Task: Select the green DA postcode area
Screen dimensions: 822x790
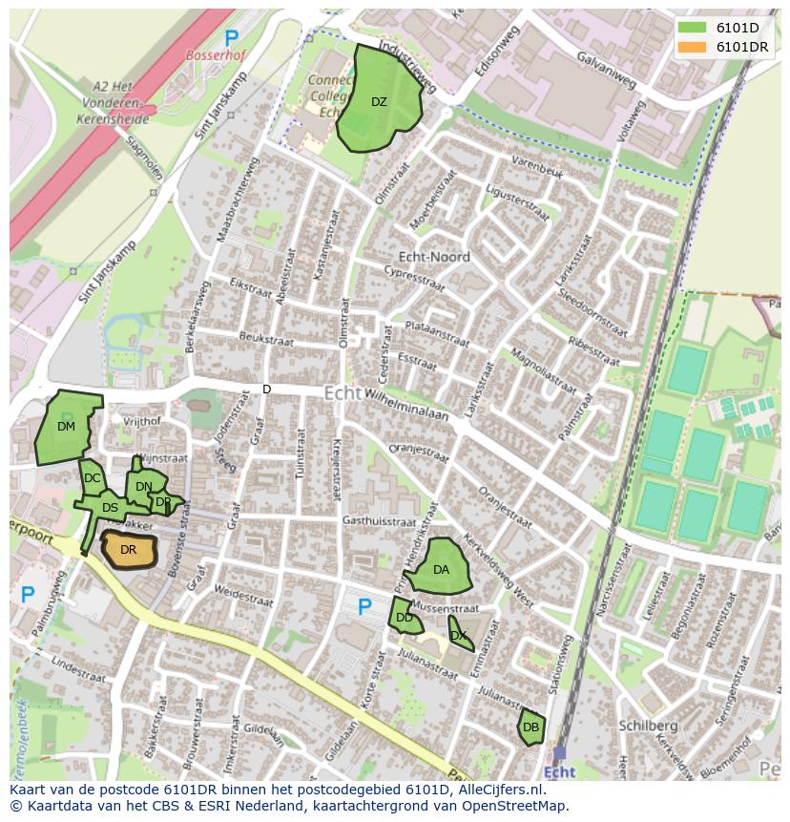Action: pos(441,569)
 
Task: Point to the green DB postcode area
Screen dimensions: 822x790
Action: pos(531,727)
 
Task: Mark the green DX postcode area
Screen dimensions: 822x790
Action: pos(460,634)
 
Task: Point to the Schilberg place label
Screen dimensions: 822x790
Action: pos(648,726)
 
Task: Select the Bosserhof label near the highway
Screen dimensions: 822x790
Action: pos(215,55)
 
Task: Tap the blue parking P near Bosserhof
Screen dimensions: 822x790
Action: pos(232,38)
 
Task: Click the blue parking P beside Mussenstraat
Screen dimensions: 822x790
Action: pos(364,607)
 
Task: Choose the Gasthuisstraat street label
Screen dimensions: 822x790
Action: pos(379,522)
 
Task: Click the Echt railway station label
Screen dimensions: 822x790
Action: pos(559,772)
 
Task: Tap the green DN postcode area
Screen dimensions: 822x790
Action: pos(143,486)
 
